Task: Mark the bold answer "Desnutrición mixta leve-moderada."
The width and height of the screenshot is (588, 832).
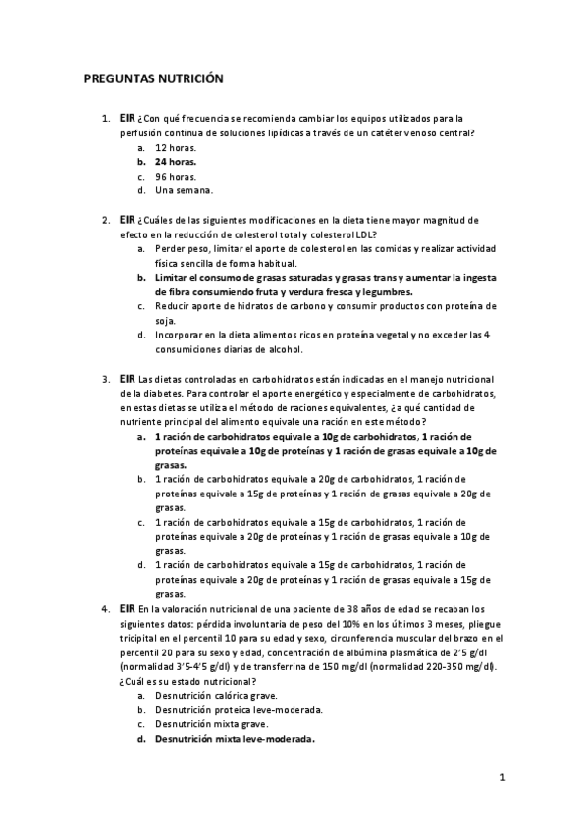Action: (x=235, y=739)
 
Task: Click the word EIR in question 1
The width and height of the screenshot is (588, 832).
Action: (x=127, y=117)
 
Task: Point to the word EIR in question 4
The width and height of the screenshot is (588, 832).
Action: (x=127, y=608)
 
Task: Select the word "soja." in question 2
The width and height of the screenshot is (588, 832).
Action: (x=166, y=320)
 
